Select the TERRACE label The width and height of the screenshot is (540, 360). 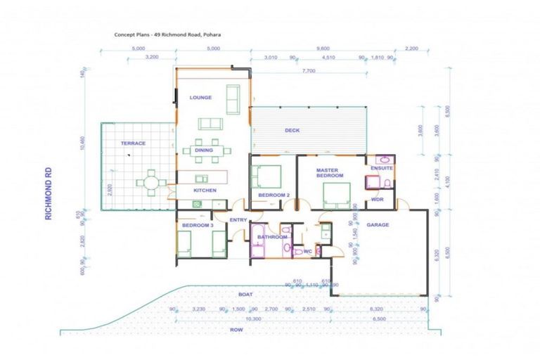(x=133, y=143)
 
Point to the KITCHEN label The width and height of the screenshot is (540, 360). (x=205, y=191)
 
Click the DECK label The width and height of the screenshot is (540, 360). (x=292, y=131)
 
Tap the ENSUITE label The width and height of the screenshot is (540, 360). (x=382, y=169)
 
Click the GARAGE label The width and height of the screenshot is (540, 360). (x=377, y=225)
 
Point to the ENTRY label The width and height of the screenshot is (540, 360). (x=237, y=220)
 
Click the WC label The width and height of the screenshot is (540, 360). (x=307, y=251)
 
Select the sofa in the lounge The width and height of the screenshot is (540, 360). (x=210, y=124)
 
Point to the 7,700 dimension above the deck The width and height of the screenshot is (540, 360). (x=308, y=71)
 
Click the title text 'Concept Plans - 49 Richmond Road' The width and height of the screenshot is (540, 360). (x=165, y=33)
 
